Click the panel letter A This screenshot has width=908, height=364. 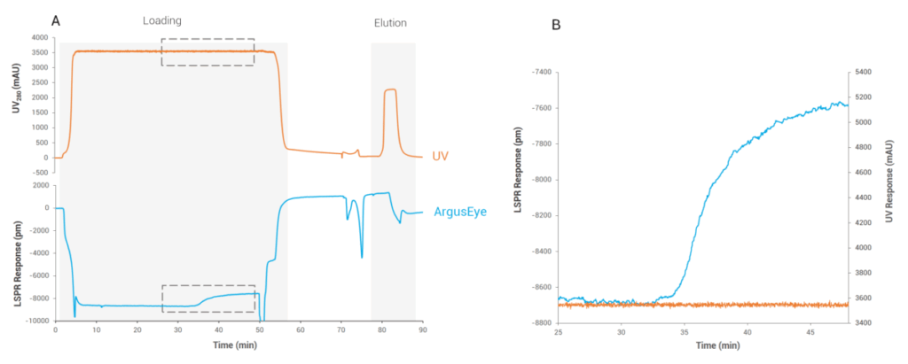(56, 20)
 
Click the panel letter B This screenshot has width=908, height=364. (555, 24)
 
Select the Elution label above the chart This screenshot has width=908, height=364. (390, 22)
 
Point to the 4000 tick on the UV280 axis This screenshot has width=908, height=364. (39, 38)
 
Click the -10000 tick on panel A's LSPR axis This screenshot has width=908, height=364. (35, 321)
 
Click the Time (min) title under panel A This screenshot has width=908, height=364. (239, 342)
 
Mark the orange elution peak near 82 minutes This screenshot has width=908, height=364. (389, 89)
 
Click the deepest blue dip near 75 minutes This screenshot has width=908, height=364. (362, 257)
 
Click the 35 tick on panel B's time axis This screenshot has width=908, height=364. (684, 331)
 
